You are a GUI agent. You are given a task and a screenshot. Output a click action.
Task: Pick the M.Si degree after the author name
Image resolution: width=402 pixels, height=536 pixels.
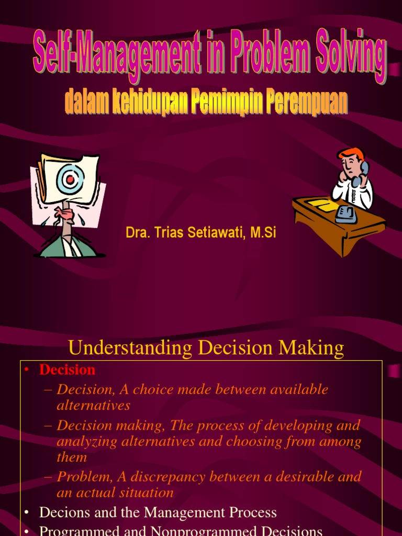point(263,233)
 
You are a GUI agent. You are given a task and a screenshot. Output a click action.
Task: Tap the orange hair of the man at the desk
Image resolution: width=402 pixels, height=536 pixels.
point(351,153)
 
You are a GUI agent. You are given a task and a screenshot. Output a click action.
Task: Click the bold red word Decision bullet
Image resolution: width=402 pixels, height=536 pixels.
point(67,370)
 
